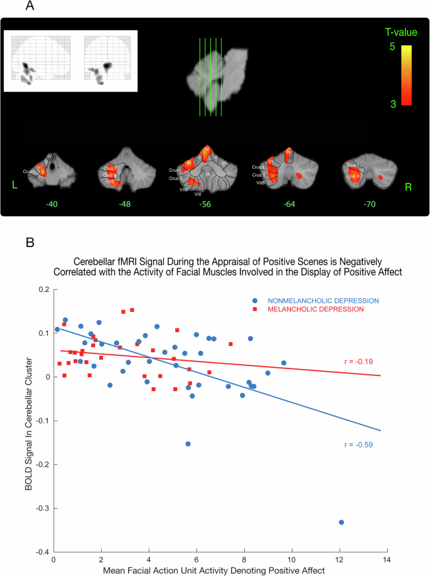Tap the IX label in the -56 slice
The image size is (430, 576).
click(x=208, y=174)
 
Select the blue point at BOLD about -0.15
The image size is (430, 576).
click(x=188, y=444)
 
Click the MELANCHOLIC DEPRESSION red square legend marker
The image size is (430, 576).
click(x=253, y=309)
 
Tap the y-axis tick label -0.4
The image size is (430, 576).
click(x=41, y=551)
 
